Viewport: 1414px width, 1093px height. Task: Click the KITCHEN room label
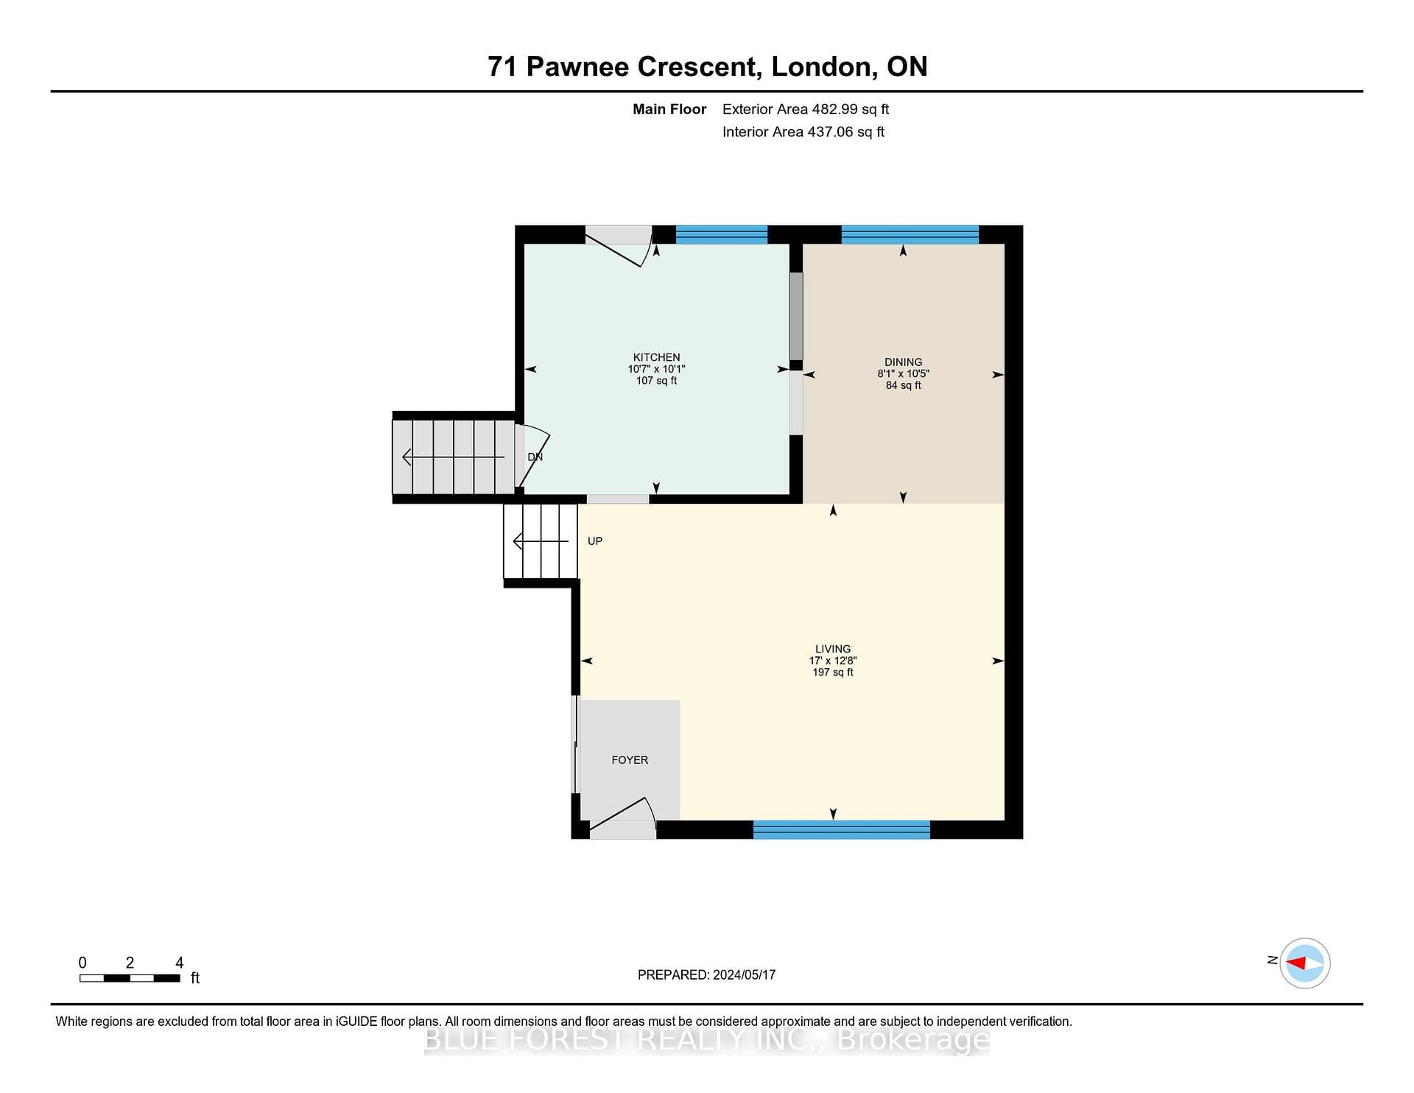click(x=656, y=357)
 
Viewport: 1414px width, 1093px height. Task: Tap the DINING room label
click(x=903, y=362)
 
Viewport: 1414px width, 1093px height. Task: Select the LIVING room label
click(x=833, y=649)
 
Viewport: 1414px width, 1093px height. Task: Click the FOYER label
click(x=630, y=760)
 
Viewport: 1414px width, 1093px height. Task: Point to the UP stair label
click(x=595, y=541)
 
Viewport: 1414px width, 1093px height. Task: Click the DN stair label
click(x=535, y=457)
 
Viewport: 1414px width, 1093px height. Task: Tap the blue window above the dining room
click(x=910, y=234)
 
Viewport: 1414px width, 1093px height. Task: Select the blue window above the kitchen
click(x=722, y=234)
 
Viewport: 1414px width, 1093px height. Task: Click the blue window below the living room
click(x=842, y=829)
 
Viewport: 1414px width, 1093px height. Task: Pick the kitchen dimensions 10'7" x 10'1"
click(x=656, y=369)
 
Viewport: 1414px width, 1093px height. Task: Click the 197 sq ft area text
click(x=833, y=672)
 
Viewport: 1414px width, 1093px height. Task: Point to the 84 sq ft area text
click(x=904, y=385)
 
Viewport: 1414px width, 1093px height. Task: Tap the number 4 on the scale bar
click(x=179, y=963)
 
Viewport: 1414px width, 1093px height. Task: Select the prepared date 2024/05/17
click(x=744, y=974)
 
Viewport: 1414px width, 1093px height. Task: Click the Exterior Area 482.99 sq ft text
click(x=806, y=109)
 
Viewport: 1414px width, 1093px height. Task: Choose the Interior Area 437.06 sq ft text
click(x=803, y=132)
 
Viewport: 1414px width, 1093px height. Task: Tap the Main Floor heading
click(x=669, y=109)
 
